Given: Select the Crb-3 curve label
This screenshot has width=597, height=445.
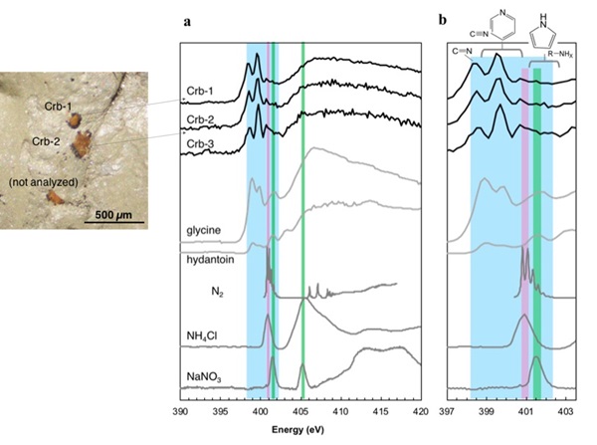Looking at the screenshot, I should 202,144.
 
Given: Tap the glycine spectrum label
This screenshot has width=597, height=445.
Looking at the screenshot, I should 202,231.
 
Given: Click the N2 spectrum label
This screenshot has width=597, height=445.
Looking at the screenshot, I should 214,293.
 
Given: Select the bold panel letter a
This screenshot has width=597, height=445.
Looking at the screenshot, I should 186,20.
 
